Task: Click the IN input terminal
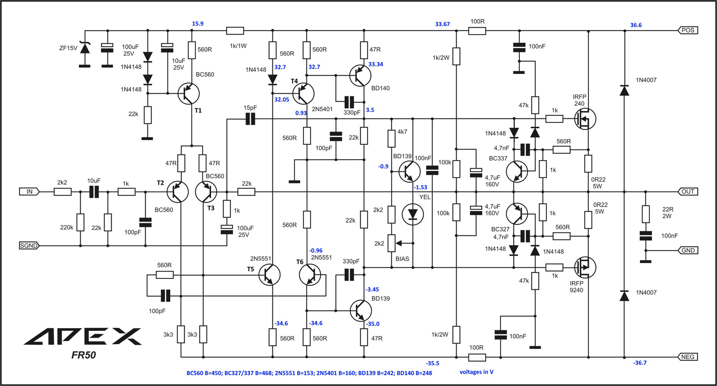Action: [x=29, y=191]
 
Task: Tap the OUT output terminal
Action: [x=688, y=191]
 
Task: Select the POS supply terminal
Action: [x=688, y=30]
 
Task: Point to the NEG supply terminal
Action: [x=688, y=357]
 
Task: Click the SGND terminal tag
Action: [x=29, y=246]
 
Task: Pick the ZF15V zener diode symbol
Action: [x=85, y=48]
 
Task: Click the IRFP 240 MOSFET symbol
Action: [x=585, y=119]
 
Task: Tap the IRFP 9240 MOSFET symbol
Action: [x=585, y=268]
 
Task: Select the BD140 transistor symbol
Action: [x=360, y=76]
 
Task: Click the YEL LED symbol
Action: [x=413, y=214]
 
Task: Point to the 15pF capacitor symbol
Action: [x=251, y=119]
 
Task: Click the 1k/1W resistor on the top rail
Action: [x=235, y=31]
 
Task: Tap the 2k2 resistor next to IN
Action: [x=62, y=192]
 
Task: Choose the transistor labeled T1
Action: [x=189, y=94]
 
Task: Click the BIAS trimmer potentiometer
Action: [x=392, y=243]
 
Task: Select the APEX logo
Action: [x=83, y=336]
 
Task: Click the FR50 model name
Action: [x=83, y=355]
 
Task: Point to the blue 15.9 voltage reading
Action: [x=198, y=24]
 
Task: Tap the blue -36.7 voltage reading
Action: [x=640, y=363]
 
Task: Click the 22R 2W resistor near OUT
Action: [x=646, y=214]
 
